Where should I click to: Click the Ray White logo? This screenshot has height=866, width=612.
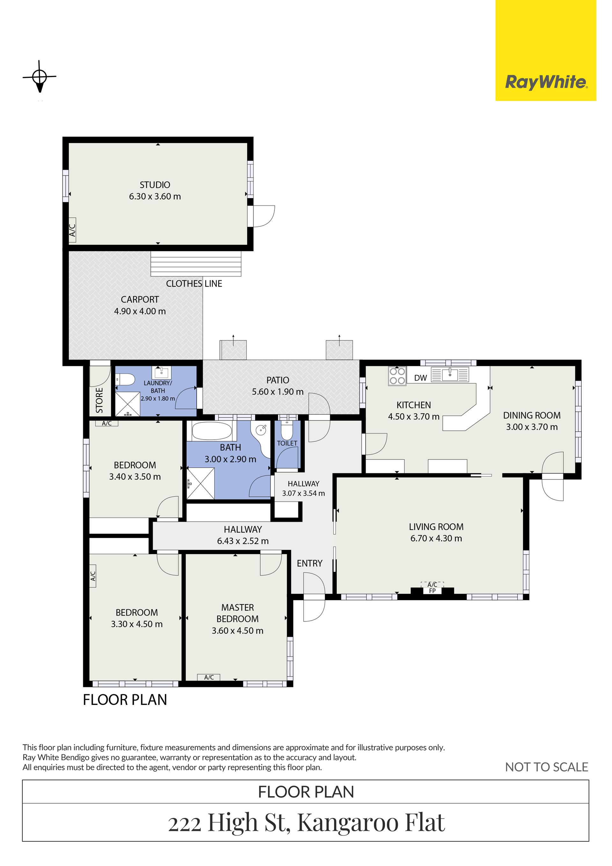pyautogui.click(x=546, y=50)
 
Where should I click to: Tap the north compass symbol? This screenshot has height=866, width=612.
pyautogui.click(x=40, y=76)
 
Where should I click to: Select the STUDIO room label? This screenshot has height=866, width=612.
pyautogui.click(x=155, y=185)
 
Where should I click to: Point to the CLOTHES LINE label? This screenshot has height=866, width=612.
pyautogui.click(x=194, y=284)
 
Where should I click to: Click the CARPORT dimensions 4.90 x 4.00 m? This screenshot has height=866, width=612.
pyautogui.click(x=140, y=311)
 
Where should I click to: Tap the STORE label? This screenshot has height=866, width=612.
pyautogui.click(x=99, y=400)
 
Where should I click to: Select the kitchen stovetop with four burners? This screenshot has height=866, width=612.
pyautogui.click(x=397, y=376)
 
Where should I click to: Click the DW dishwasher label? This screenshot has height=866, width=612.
pyautogui.click(x=420, y=378)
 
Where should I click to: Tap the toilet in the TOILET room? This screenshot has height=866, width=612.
pyautogui.click(x=287, y=430)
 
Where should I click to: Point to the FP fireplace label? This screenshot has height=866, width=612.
pyautogui.click(x=432, y=591)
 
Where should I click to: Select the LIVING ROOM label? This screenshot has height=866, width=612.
pyautogui.click(x=436, y=527)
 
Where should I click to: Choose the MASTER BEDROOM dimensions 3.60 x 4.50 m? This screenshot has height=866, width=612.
pyautogui.click(x=237, y=631)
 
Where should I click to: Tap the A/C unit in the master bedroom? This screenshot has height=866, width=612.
pyautogui.click(x=209, y=677)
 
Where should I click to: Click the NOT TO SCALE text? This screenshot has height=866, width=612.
pyautogui.click(x=546, y=767)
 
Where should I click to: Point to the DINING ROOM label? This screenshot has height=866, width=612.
pyautogui.click(x=532, y=415)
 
